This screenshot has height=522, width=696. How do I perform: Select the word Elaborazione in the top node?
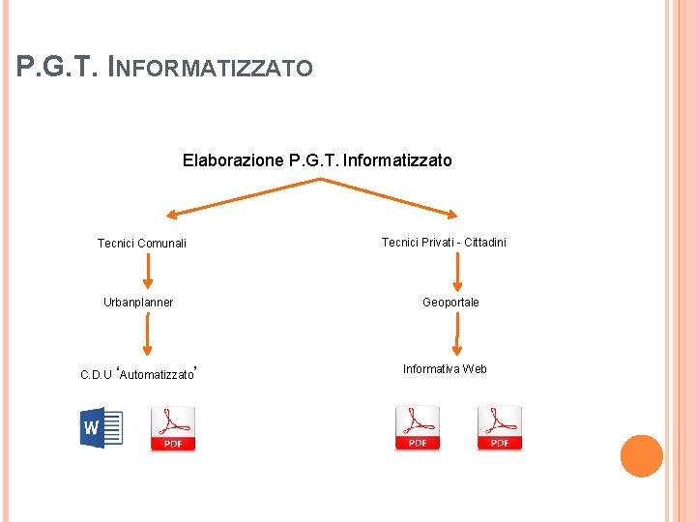pos(233,160)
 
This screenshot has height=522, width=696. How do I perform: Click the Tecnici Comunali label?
pos(142,244)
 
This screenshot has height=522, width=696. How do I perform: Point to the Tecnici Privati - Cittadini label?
pos(444,243)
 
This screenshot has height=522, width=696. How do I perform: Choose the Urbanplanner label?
pos(138,303)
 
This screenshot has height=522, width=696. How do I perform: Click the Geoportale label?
pos(450,303)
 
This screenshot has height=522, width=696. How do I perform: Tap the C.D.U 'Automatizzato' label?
pos(139,373)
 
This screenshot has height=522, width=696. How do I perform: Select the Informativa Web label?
pos(445,369)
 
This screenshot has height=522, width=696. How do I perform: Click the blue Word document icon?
pos(101,428)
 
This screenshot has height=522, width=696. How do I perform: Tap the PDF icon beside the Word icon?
pos(173,428)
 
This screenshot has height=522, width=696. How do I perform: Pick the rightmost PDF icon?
pos(500,427)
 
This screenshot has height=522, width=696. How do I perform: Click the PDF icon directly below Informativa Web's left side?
pos(418,427)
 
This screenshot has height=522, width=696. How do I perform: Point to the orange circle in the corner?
pos(641,456)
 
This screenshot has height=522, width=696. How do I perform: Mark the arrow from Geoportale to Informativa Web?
pos(456,334)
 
